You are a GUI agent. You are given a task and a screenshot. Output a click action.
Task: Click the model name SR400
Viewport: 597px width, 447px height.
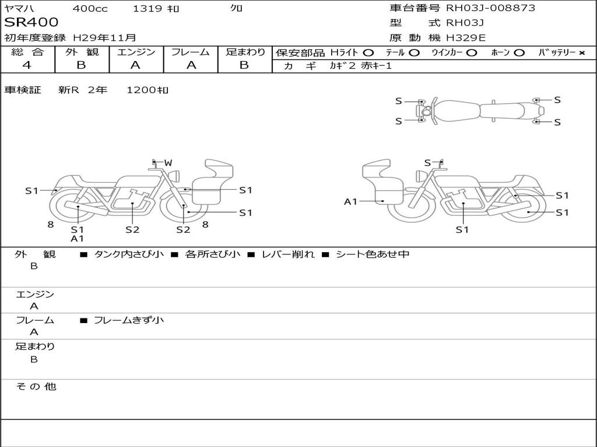tap(31, 22)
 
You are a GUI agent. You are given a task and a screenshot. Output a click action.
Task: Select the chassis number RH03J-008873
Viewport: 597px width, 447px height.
tap(490, 8)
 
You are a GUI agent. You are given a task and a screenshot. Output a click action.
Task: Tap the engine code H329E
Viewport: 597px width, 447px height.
tap(466, 38)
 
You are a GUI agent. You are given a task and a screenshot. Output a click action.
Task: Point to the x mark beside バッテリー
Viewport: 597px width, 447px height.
tap(582, 53)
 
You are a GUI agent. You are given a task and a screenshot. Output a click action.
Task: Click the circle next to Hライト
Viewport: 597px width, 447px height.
tap(368, 53)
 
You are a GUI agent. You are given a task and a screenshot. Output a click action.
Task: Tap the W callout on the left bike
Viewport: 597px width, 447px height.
tap(168, 163)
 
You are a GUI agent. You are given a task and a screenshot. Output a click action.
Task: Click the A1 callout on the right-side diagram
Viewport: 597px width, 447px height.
tap(350, 201)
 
